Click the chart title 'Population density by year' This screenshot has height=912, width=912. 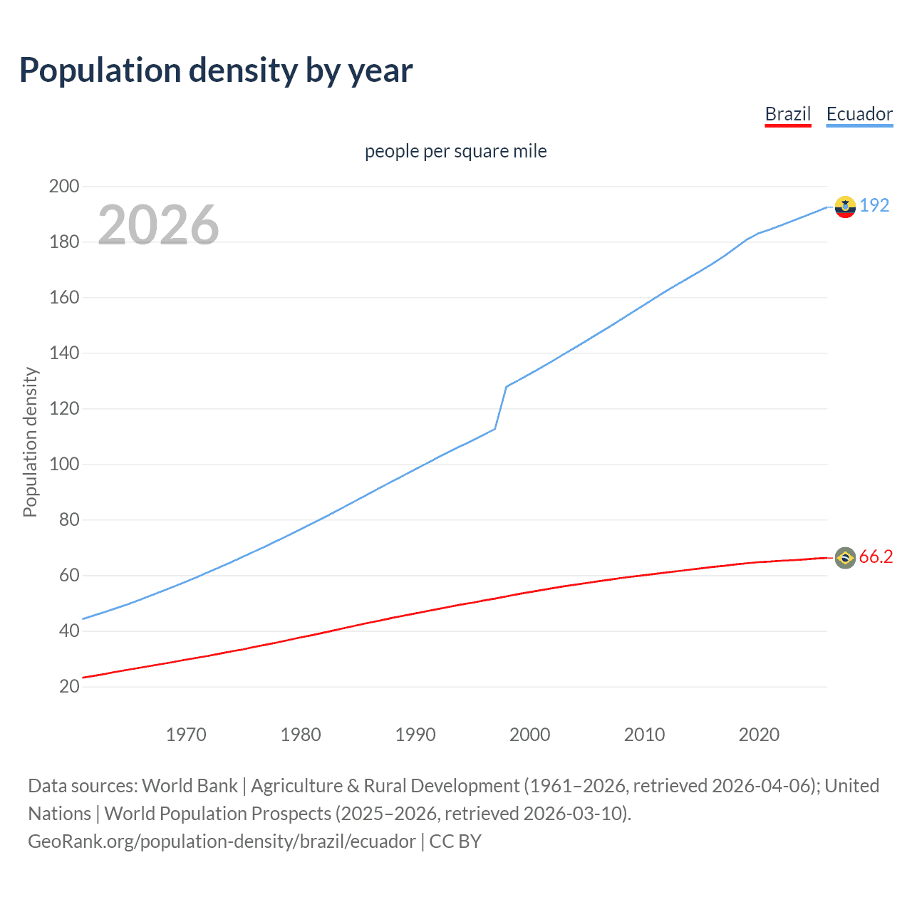pyautogui.click(x=216, y=71)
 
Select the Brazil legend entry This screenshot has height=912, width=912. pyautogui.click(x=787, y=114)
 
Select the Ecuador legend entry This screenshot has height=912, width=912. pyautogui.click(x=859, y=114)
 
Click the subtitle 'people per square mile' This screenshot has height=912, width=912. pyautogui.click(x=455, y=151)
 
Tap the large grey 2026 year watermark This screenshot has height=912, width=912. pyautogui.click(x=158, y=225)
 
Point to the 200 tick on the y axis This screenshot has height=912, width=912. pyautogui.click(x=64, y=187)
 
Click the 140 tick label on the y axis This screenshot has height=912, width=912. pyautogui.click(x=64, y=353)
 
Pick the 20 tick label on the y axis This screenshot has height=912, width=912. pyautogui.click(x=69, y=687)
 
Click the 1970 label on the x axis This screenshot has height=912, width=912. pyautogui.click(x=186, y=735)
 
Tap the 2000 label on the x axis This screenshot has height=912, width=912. pyautogui.click(x=529, y=735)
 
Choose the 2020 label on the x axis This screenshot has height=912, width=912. pyautogui.click(x=759, y=735)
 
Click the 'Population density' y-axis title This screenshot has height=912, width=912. pyautogui.click(x=30, y=442)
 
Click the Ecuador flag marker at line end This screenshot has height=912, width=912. pyautogui.click(x=845, y=207)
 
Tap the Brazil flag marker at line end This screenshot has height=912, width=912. pyautogui.click(x=845, y=557)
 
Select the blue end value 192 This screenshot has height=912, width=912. pyautogui.click(x=874, y=206)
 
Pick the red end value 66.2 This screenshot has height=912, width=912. pyautogui.click(x=876, y=557)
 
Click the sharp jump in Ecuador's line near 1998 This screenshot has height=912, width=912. pyautogui.click(x=501, y=408)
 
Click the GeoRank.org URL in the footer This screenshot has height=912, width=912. pyautogui.click(x=222, y=841)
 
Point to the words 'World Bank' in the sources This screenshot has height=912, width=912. pyautogui.click(x=190, y=786)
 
